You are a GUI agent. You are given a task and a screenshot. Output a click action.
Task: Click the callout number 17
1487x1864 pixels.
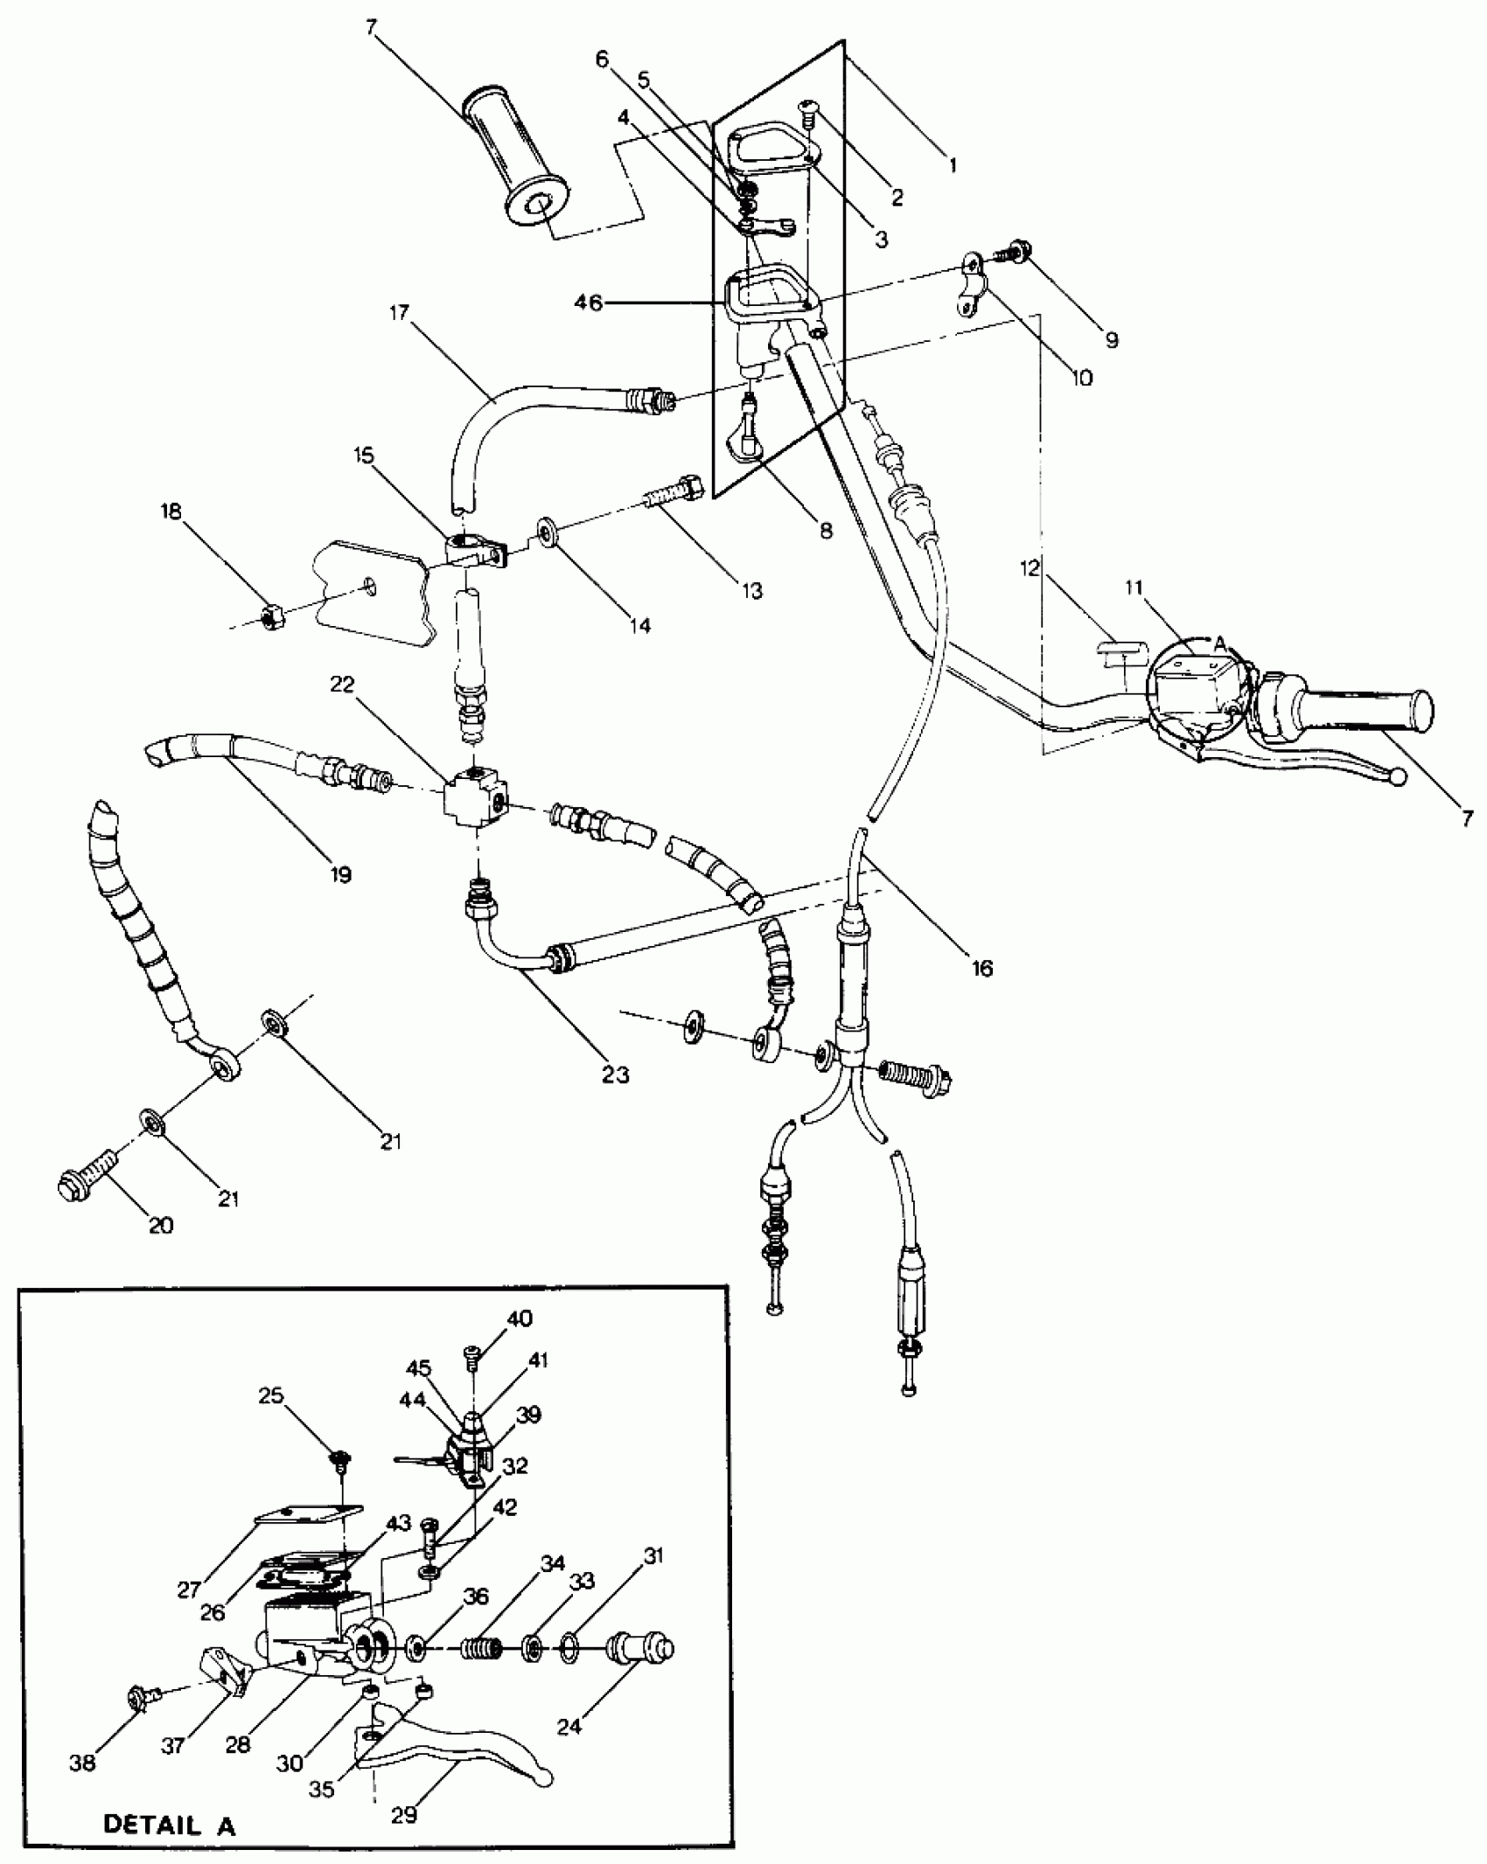[x=399, y=312]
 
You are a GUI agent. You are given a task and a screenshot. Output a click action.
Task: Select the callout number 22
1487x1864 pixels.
[x=342, y=685]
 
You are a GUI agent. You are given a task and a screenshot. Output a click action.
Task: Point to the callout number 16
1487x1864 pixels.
[x=982, y=968]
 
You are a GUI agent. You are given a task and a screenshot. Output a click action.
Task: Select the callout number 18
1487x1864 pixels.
[x=171, y=511]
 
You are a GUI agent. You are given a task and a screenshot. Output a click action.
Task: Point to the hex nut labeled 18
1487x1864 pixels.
[x=270, y=616]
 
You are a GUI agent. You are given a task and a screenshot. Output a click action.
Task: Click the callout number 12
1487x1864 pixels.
[x=1030, y=568]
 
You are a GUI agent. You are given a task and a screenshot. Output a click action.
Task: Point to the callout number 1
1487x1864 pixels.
[x=953, y=163]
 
